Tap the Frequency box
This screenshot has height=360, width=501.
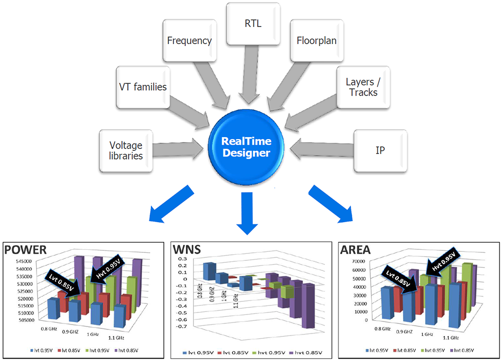(x=189, y=41)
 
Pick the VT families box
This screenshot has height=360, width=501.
(x=143, y=87)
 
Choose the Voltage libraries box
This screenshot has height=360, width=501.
(x=126, y=150)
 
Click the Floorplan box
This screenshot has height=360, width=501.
(x=316, y=40)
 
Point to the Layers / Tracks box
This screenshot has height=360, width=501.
(x=362, y=87)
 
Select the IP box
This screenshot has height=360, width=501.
(x=380, y=150)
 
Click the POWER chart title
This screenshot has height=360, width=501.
(x=26, y=249)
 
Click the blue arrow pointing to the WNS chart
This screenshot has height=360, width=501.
(x=248, y=213)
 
